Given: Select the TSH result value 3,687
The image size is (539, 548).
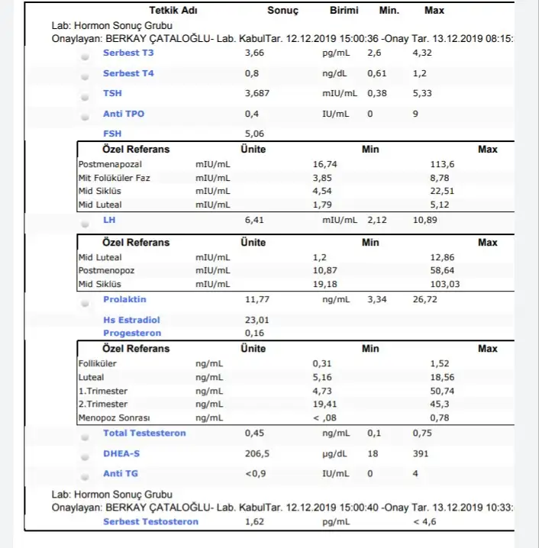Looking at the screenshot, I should (x=257, y=93).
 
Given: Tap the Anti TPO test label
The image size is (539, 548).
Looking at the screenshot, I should (x=124, y=114).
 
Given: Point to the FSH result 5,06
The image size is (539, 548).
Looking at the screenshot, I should (x=255, y=134).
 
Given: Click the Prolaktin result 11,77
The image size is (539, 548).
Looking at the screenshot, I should (x=257, y=299).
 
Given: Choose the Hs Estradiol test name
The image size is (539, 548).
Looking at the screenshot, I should (x=131, y=320).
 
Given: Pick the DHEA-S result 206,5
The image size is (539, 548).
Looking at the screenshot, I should (x=257, y=453).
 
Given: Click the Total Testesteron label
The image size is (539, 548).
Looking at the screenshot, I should (x=144, y=433).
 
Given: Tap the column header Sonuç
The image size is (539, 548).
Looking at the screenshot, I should (x=282, y=11).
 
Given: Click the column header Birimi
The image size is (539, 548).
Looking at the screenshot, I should (x=344, y=11).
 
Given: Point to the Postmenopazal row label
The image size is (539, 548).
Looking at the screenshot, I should (x=110, y=164).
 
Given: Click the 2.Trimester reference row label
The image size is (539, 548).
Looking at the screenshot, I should (x=103, y=404).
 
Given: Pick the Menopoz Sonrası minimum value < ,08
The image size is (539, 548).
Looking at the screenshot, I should (x=325, y=417).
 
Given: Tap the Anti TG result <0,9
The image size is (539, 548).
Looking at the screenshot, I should (x=256, y=473).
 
